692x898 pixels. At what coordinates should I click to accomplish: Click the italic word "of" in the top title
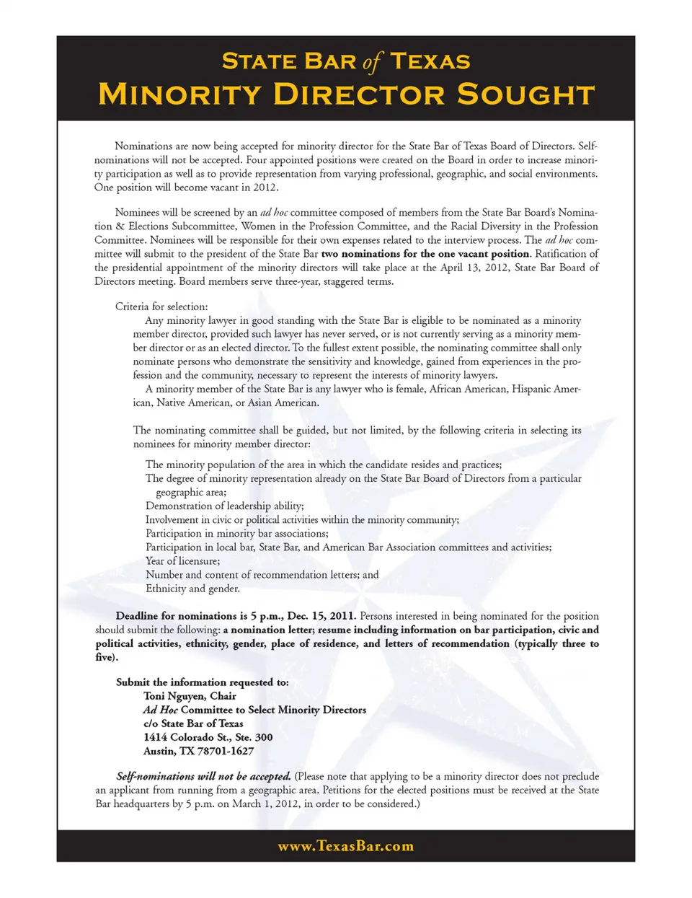[372, 62]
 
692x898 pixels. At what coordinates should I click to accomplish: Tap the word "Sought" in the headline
[526, 94]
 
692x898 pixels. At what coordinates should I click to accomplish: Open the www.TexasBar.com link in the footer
[346, 846]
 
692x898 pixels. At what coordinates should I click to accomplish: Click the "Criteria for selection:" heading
[161, 307]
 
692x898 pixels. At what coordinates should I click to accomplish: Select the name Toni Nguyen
[175, 696]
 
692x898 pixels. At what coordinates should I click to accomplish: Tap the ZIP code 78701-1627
[226, 751]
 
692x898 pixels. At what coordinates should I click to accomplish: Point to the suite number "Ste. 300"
[254, 737]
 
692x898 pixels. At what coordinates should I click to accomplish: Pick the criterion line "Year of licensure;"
[183, 561]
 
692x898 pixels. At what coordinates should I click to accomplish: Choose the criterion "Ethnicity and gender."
[192, 589]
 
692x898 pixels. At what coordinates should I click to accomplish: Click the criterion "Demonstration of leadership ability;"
[225, 506]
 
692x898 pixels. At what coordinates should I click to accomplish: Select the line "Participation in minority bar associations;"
[237, 534]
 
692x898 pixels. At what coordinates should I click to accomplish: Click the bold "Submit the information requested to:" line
[203, 682]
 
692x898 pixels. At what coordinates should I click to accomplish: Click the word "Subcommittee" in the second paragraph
[201, 226]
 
